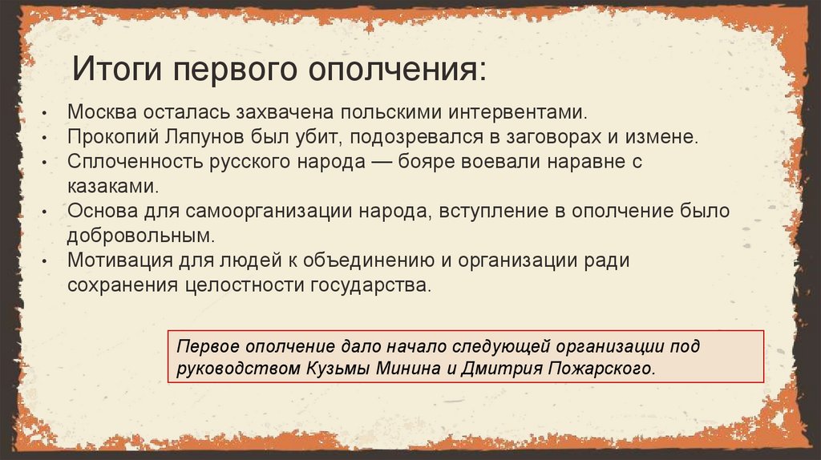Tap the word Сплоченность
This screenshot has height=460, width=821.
pyautogui.click(x=128, y=162)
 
